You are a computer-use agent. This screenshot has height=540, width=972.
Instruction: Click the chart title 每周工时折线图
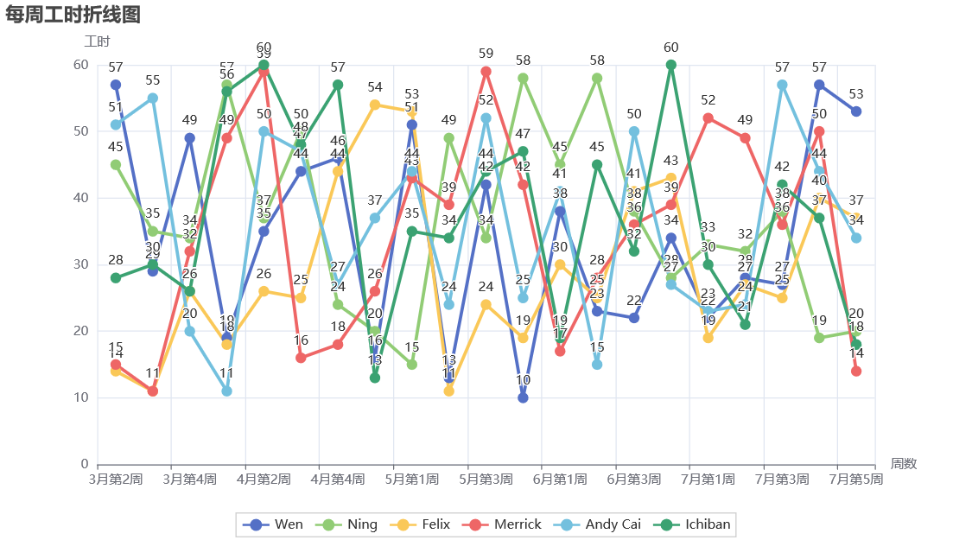coord(73,15)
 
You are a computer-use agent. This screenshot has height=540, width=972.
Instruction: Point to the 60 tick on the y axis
coord(81,65)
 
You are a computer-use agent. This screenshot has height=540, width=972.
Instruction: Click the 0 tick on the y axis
coord(85,464)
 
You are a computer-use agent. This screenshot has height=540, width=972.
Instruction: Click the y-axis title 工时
coord(97,41)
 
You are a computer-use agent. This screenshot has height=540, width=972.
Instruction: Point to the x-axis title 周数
coord(904,464)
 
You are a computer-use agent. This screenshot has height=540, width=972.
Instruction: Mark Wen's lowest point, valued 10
coord(523,397)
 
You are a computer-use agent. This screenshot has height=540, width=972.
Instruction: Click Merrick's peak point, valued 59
coord(486,72)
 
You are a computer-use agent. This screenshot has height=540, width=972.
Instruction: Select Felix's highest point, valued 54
coord(375,105)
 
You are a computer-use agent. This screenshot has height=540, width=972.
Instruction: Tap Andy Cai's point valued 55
coord(153,98)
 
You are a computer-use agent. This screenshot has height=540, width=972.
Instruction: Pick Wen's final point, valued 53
coord(855,111)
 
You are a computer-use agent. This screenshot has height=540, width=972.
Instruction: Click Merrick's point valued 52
coord(708,118)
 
